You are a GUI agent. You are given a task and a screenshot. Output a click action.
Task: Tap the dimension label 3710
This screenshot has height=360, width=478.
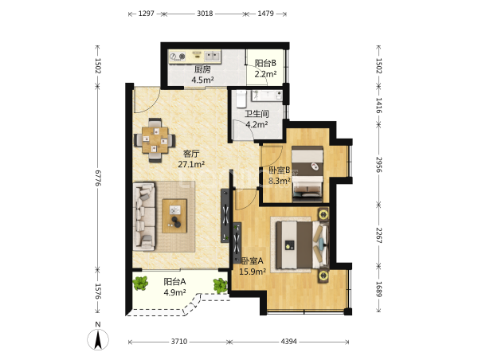(179, 342)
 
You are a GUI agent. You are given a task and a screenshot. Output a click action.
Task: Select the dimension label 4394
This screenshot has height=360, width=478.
(288, 342)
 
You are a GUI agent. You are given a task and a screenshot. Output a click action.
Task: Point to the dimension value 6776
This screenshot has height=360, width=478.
(98, 178)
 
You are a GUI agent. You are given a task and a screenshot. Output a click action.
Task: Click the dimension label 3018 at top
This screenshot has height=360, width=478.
(205, 14)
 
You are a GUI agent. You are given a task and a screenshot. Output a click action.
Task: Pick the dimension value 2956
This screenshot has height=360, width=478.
(378, 165)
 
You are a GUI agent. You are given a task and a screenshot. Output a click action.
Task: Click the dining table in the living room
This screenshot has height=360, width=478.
(155, 140)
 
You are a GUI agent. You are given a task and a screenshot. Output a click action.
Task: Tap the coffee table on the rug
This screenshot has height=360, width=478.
(174, 216)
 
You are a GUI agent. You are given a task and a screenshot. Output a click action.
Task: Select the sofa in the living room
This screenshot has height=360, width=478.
(144, 217)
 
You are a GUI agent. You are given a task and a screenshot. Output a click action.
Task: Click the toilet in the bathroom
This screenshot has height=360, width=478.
(241, 98)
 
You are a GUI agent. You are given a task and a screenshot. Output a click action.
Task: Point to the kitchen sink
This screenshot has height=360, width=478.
(212, 56)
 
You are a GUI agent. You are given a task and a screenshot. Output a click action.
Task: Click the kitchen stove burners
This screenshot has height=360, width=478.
(178, 57)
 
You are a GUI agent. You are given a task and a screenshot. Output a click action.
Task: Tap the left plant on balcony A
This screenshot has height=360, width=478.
(140, 284)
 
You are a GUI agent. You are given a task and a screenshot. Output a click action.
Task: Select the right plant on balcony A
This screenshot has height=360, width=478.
(220, 286)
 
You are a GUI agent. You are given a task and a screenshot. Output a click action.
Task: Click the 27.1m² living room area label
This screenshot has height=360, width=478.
(191, 165)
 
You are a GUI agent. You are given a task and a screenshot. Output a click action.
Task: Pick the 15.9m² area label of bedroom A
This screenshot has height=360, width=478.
(253, 272)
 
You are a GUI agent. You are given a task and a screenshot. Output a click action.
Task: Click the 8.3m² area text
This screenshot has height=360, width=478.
(280, 181)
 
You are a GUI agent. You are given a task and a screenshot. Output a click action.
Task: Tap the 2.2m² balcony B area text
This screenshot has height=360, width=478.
(265, 74)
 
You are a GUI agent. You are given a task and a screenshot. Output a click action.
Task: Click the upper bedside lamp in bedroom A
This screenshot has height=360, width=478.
(323, 214)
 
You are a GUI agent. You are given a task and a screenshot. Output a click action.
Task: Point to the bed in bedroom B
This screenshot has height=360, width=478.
(308, 174)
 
